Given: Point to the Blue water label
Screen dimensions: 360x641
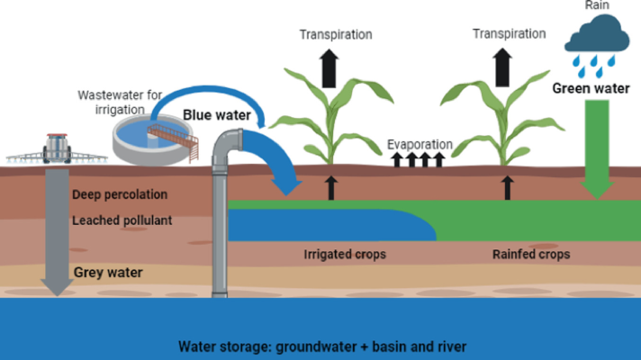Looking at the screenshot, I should coord(217,115).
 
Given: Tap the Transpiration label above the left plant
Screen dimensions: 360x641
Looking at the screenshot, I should coord(336,34).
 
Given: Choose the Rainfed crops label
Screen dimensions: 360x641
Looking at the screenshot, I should coord(530,255).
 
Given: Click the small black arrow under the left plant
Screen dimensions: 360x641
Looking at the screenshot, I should coord(331,187).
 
